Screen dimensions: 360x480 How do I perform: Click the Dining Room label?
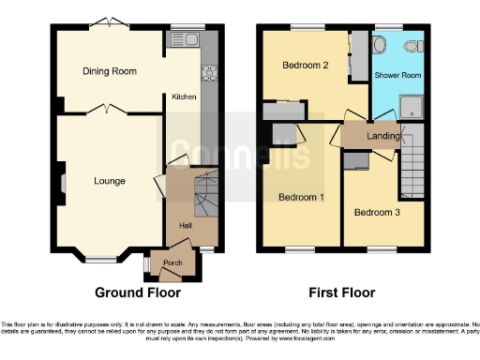(x=110, y=71)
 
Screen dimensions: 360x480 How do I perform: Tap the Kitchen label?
(x=183, y=97)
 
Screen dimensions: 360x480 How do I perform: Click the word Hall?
(x=185, y=225)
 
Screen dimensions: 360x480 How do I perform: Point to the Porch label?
(x=173, y=262)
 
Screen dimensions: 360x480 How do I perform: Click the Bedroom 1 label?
(x=301, y=197)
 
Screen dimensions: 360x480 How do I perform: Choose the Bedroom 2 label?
(x=306, y=66)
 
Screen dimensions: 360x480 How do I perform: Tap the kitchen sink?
(x=182, y=39)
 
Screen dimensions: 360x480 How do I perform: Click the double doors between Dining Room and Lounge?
(x=110, y=112)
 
